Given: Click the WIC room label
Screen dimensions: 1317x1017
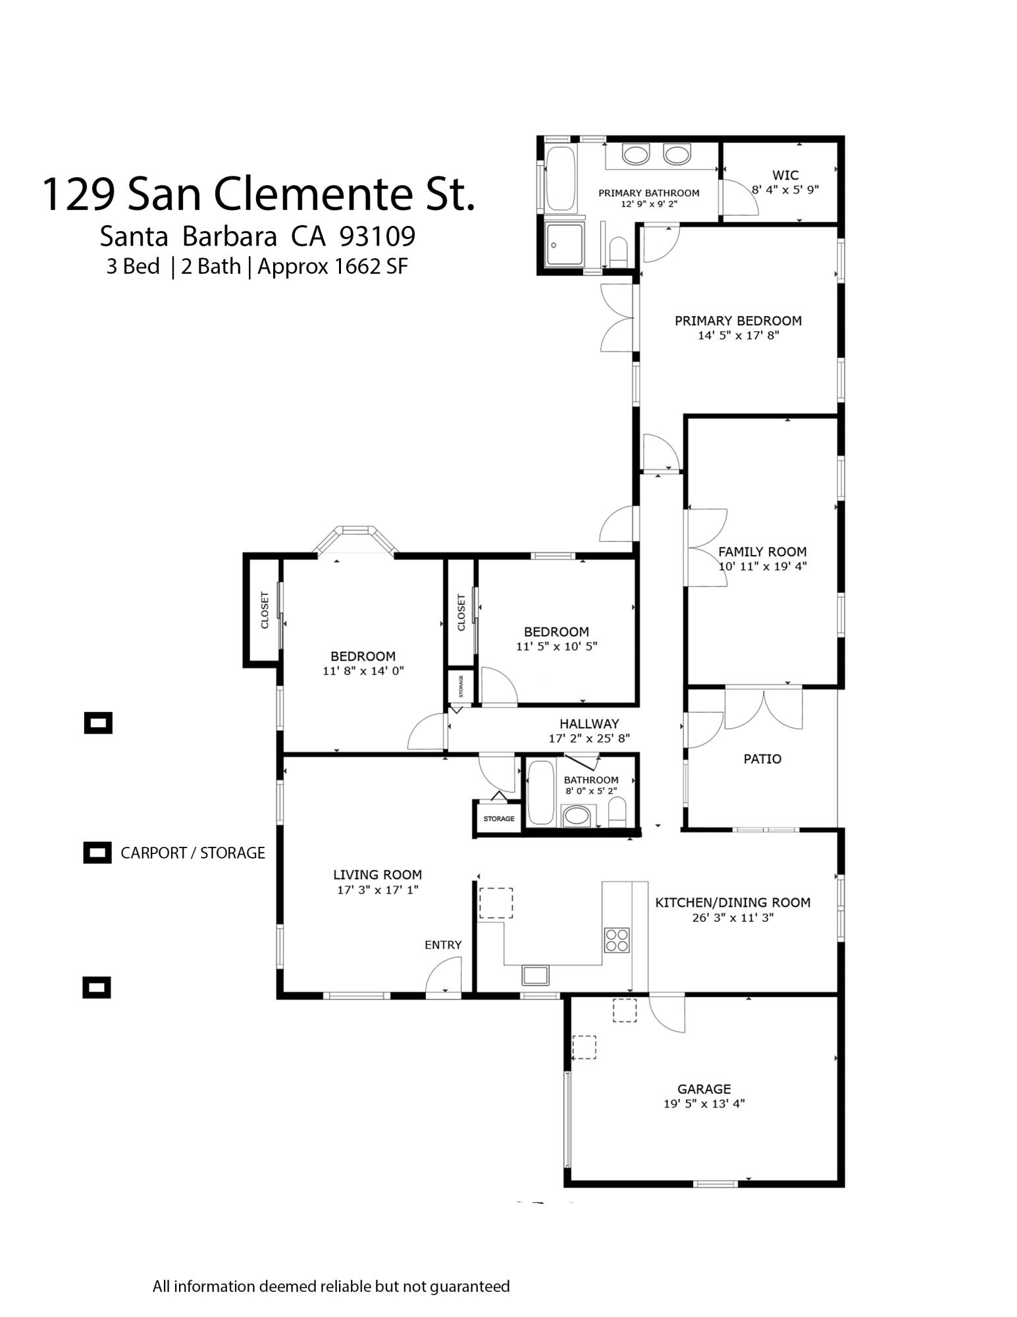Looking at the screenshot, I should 785,175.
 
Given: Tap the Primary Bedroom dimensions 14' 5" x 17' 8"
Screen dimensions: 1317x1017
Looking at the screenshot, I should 738,336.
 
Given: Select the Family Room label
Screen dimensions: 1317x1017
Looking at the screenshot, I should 762,552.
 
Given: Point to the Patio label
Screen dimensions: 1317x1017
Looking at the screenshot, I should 762,759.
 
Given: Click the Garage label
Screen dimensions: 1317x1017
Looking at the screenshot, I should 704,1089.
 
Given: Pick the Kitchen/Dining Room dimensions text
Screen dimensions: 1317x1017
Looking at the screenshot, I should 733,917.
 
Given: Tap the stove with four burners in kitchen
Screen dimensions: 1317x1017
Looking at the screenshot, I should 617,940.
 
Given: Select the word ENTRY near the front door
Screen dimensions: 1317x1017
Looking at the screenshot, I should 443,945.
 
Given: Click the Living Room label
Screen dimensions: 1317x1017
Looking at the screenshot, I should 377,874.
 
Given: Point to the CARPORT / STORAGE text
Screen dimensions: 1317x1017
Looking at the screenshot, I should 192,853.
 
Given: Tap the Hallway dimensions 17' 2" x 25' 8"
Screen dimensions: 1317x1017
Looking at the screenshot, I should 589,739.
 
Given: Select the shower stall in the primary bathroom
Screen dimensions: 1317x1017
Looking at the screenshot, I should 564,246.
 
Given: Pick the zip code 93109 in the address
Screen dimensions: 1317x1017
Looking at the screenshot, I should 377,236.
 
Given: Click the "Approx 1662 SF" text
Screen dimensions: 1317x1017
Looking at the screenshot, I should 332,267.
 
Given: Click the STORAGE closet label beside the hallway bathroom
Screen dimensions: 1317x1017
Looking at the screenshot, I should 499,819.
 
